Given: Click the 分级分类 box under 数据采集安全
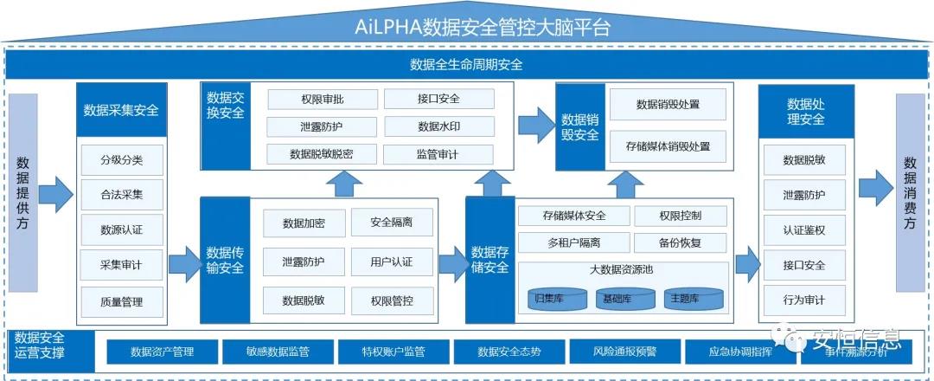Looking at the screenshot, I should [121, 159].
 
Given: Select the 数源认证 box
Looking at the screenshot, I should [121, 230].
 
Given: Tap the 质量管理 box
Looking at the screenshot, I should [121, 301].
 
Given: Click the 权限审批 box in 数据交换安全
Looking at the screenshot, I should [323, 99].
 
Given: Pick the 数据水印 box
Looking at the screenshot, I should [438, 126].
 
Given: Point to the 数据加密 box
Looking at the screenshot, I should [304, 223].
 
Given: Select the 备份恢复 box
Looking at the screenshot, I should [680, 242].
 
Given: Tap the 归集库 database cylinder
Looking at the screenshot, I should [551, 299].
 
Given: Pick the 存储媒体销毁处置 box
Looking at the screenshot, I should [668, 146].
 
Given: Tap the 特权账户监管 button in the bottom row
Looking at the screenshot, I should [393, 352].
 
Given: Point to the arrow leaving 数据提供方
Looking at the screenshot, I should [57, 193].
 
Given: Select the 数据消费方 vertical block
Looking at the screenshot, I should [910, 192].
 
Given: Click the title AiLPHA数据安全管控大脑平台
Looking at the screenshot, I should [483, 26].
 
